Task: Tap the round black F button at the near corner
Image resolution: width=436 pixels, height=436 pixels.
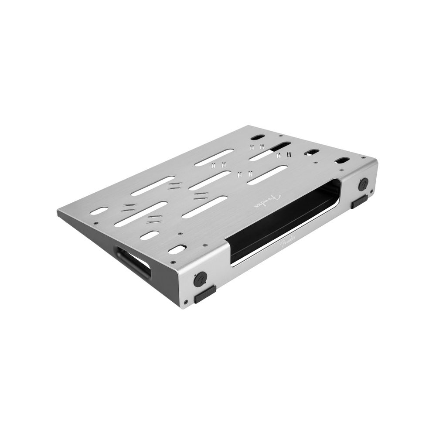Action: [x=200, y=279]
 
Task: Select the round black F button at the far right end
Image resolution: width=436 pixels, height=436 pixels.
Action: [x=363, y=184]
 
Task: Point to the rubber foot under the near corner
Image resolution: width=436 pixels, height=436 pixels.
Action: [x=205, y=295]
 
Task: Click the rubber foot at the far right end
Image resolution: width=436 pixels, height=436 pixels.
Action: [x=359, y=201]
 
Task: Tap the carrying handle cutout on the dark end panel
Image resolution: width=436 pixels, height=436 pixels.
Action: [x=133, y=262]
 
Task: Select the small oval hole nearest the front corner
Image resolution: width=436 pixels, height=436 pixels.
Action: [x=177, y=249]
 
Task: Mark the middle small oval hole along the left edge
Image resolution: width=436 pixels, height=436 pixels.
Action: [x=150, y=235]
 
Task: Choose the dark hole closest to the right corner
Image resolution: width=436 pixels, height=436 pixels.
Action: [x=342, y=160]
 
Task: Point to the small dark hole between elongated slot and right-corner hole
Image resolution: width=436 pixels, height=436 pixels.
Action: [x=311, y=152]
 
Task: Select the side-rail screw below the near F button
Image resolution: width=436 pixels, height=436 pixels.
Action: [x=186, y=301]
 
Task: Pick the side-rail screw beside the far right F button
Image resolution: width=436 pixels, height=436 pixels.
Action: [x=371, y=191]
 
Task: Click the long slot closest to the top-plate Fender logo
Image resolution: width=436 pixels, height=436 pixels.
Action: [x=267, y=175]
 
